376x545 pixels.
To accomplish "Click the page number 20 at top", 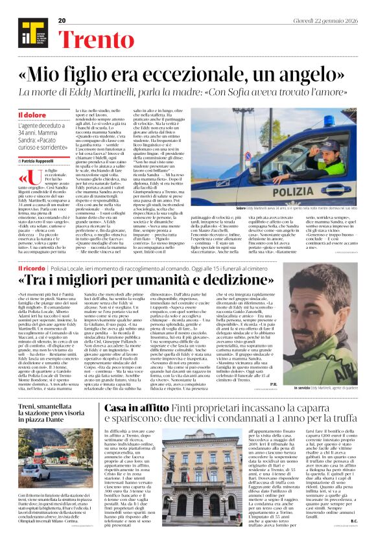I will click(x=62, y=21).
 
